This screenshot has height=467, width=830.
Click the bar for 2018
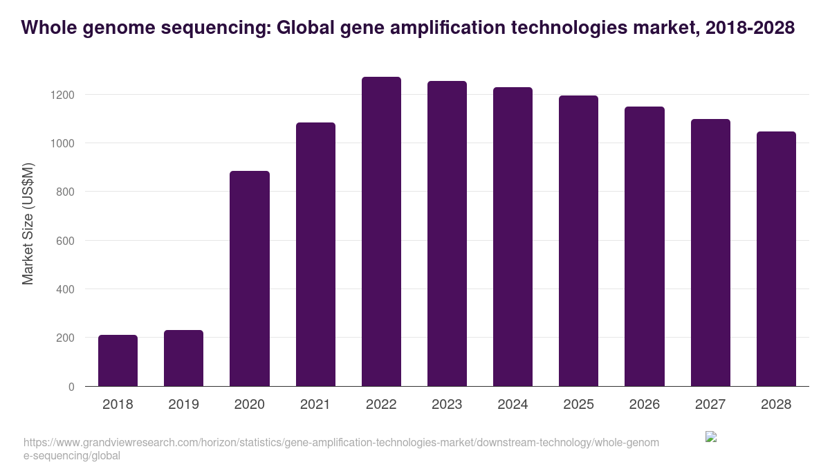tap(118, 360)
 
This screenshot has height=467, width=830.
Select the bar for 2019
tap(183, 358)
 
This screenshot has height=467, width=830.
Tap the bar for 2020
tap(249, 279)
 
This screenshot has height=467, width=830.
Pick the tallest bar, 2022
tap(381, 232)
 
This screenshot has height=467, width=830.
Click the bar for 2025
tap(578, 241)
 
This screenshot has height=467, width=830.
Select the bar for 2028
tap(776, 259)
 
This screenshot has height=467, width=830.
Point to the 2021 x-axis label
tap(315, 405)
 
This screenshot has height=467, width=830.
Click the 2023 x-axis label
tap(447, 405)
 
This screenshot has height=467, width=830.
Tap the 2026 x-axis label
tap(644, 405)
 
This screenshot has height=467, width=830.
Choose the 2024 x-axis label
tap(513, 405)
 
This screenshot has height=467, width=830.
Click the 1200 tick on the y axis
tap(62, 95)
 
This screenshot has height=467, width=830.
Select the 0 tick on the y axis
tap(71, 387)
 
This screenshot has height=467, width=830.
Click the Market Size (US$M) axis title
tap(28, 223)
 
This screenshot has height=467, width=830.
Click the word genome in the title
tap(102, 28)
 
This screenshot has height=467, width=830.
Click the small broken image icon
tap(710, 437)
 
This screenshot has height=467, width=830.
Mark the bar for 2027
tap(710, 253)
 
